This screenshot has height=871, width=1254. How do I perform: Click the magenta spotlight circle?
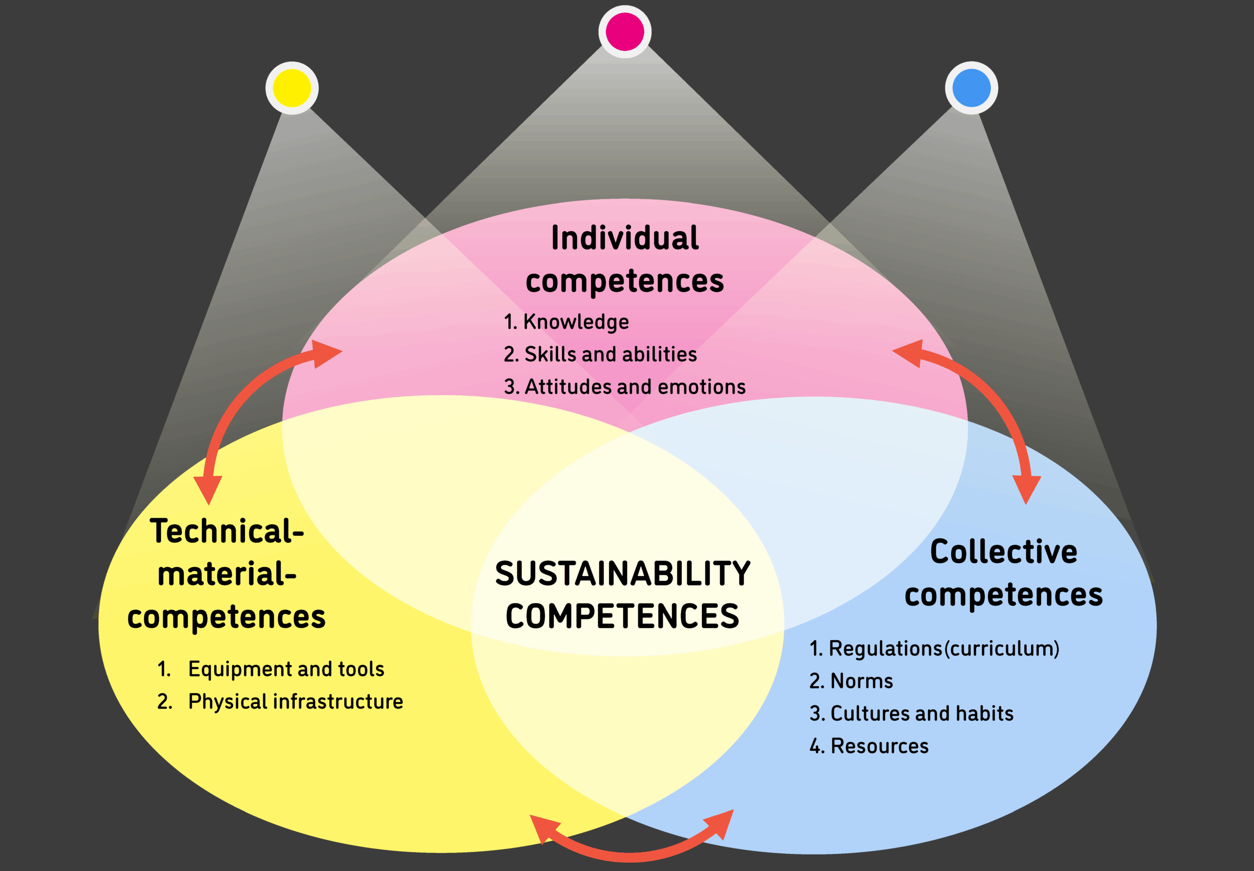(x=625, y=32)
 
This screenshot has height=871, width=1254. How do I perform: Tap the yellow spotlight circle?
(x=292, y=88)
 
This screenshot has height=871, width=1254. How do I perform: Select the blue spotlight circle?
(x=971, y=88)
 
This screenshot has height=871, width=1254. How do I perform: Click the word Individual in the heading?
(x=625, y=239)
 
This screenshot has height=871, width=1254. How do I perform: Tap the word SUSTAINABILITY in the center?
(x=623, y=574)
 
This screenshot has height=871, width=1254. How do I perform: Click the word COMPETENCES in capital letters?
(x=623, y=617)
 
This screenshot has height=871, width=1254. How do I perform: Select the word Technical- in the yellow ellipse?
(x=226, y=531)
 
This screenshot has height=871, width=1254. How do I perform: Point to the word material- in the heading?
(x=226, y=574)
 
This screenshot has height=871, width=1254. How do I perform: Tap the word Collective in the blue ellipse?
(x=1004, y=552)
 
